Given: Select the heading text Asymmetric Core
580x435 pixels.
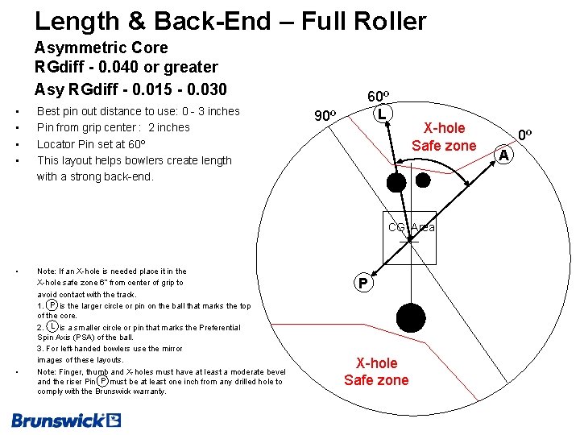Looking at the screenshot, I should click(x=101, y=48).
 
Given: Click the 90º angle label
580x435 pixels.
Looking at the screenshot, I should click(x=324, y=115).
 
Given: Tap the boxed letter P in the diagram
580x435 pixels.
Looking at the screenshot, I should click(x=363, y=283).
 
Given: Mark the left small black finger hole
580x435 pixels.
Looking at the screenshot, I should click(x=396, y=182).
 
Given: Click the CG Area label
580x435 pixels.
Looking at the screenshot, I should click(x=411, y=227).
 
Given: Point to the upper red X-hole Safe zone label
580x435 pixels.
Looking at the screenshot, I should click(x=444, y=137).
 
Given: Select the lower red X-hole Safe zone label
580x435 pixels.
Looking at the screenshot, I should click(x=376, y=371).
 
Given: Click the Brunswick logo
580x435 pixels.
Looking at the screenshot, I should click(x=66, y=419).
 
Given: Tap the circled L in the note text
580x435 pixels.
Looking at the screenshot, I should click(x=52, y=326).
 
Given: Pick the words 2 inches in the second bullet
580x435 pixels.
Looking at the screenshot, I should click(x=169, y=127).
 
